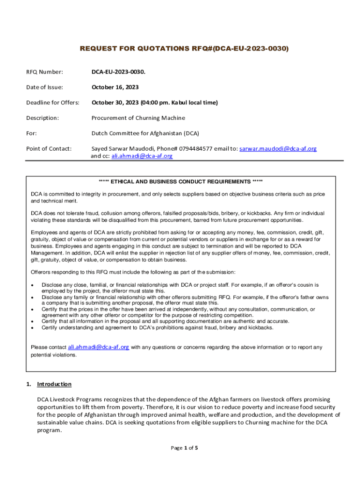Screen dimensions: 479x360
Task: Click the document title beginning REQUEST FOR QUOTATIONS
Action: pos(184,49)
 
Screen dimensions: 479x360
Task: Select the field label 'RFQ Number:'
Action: pos(44,72)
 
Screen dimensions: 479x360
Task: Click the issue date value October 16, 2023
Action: pos(115,87)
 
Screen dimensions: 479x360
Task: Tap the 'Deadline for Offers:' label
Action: pos(52,102)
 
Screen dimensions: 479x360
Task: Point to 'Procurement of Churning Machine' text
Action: pos(138,118)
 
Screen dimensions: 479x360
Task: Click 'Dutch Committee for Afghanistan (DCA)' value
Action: pos(145,133)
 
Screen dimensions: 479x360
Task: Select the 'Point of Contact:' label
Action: pos(49,149)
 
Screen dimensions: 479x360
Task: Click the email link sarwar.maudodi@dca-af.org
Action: pos(278,149)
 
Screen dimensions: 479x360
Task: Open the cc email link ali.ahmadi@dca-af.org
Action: pos(142,156)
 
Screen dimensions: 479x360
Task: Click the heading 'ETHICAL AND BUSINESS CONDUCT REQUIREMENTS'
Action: pos(180,181)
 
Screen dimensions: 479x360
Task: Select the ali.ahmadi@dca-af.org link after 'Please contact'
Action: pos(99,347)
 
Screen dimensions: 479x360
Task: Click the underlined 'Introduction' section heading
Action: pos(54,385)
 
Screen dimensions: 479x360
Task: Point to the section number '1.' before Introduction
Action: pos(29,385)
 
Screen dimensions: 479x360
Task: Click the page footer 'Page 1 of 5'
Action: pos(185,448)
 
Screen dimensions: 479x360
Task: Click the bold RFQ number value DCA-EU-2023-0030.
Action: pos(118,72)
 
